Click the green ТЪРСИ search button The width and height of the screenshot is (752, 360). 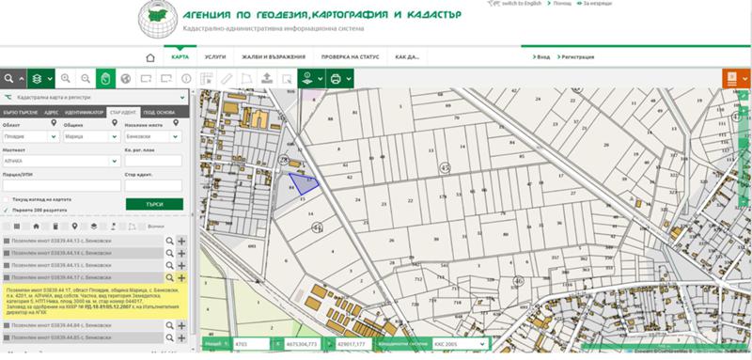pyautogui.click(x=154, y=203)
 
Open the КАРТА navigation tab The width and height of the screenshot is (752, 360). pyautogui.click(x=180, y=57)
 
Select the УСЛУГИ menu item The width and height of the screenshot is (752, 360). pyautogui.click(x=215, y=57)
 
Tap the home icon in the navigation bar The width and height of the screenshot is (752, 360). pyautogui.click(x=149, y=57)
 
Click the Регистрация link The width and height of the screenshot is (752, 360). pyautogui.click(x=575, y=57)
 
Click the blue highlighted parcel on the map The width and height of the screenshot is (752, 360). pyautogui.click(x=302, y=180)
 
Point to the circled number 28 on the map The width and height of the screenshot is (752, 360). pyautogui.click(x=284, y=161)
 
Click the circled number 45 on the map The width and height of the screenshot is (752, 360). pyautogui.click(x=446, y=166)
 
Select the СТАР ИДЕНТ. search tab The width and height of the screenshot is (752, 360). pyautogui.click(x=122, y=111)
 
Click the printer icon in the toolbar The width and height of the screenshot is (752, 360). pyautogui.click(x=336, y=79)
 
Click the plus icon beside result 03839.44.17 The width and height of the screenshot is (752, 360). pyautogui.click(x=180, y=277)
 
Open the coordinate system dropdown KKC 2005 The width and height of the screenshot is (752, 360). pyautogui.click(x=461, y=345)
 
